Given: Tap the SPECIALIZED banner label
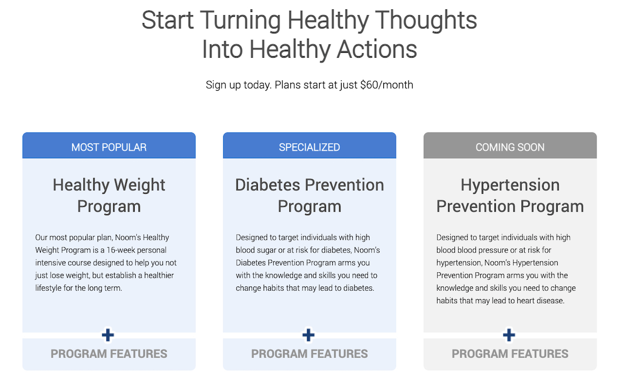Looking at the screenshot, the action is [x=309, y=147].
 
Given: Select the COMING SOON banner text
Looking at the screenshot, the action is [x=510, y=147].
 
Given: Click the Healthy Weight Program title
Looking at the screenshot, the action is [x=109, y=196].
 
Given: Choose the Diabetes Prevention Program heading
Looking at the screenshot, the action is [x=309, y=196].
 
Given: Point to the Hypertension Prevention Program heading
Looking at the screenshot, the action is [x=510, y=196].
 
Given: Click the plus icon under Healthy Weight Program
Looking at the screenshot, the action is [x=108, y=335].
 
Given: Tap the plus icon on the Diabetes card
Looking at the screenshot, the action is [x=308, y=335].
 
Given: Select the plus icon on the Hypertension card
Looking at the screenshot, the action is [x=509, y=335].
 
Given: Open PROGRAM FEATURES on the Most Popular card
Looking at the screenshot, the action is [x=109, y=354].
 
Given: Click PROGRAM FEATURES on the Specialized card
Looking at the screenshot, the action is [x=309, y=354].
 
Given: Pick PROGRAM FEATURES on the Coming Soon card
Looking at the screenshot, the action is [x=510, y=354].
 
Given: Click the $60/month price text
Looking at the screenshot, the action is [x=387, y=85].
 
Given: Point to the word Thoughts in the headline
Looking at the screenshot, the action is [x=426, y=21].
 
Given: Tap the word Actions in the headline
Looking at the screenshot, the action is [x=376, y=49].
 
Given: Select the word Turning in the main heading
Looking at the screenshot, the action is [x=241, y=21].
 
